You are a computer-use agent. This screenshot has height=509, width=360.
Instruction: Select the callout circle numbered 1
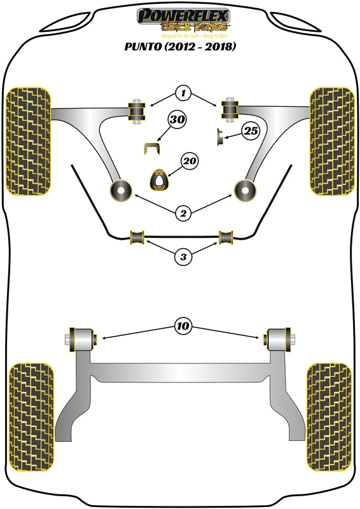(183, 94)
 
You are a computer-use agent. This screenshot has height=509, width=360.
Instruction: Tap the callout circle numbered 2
(183, 213)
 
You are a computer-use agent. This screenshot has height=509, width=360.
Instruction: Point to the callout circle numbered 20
(188, 162)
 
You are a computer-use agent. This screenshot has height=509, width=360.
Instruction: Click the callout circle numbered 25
(251, 132)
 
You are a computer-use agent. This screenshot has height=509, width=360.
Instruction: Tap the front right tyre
(331, 140)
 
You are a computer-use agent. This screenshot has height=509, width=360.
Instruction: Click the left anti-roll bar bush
(138, 237)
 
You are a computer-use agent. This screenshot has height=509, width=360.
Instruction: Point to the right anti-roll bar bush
(226, 237)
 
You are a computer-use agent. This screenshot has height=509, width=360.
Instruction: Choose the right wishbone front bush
(230, 109)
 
